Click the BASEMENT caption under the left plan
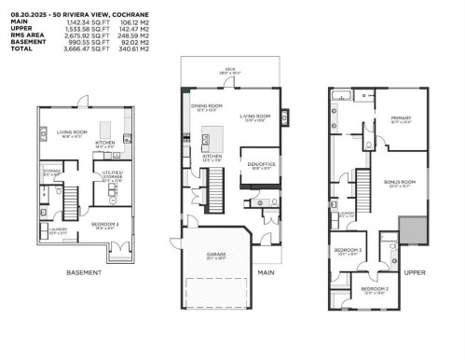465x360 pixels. tap(83, 272)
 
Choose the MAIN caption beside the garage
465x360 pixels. tap(267, 272)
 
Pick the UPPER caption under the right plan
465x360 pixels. tap(415, 272)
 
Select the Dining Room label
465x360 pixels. tap(204, 108)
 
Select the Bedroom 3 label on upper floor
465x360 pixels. tap(349, 250)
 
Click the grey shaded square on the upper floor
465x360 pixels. tap(410, 228)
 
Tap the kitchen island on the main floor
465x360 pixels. tap(216, 136)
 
